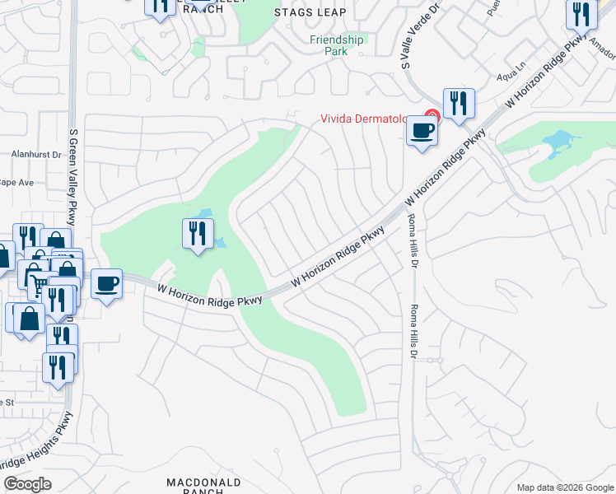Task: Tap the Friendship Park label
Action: [x=336, y=45]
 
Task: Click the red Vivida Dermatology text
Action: [x=364, y=118]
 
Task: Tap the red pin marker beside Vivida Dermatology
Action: [x=431, y=116]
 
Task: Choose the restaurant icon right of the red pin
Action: [x=459, y=104]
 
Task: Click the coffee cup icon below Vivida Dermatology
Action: [x=422, y=130]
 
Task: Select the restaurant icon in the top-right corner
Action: [x=581, y=14]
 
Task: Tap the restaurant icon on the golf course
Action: [x=198, y=234]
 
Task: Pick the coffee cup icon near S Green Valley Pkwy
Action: [x=106, y=284]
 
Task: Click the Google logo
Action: [x=27, y=484]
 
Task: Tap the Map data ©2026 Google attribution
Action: [x=564, y=487]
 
